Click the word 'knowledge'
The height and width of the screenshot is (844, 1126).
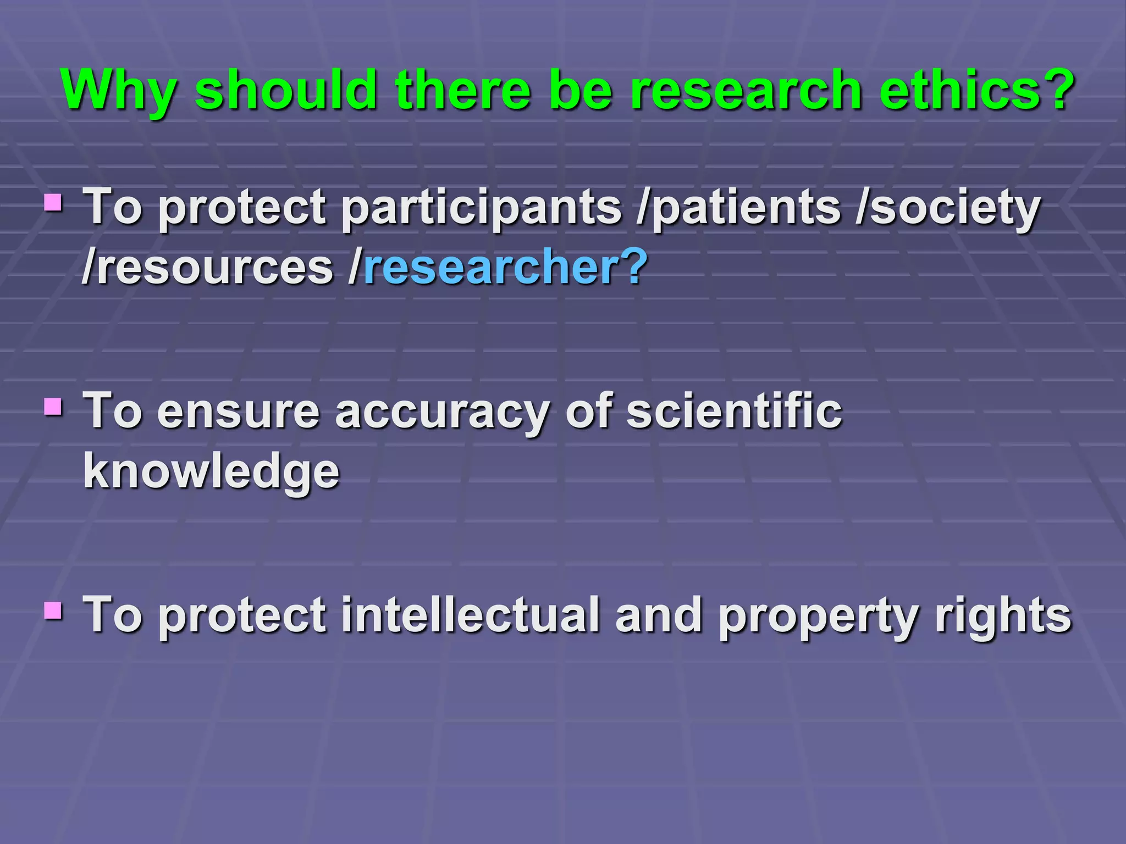click(212, 473)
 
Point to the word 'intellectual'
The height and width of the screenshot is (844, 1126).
click(471, 615)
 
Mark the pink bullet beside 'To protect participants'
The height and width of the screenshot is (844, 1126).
click(53, 203)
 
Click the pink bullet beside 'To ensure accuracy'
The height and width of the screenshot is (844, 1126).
click(53, 407)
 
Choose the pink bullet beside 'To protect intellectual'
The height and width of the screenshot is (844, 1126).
click(53, 610)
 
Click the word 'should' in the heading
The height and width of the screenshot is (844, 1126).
click(286, 89)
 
